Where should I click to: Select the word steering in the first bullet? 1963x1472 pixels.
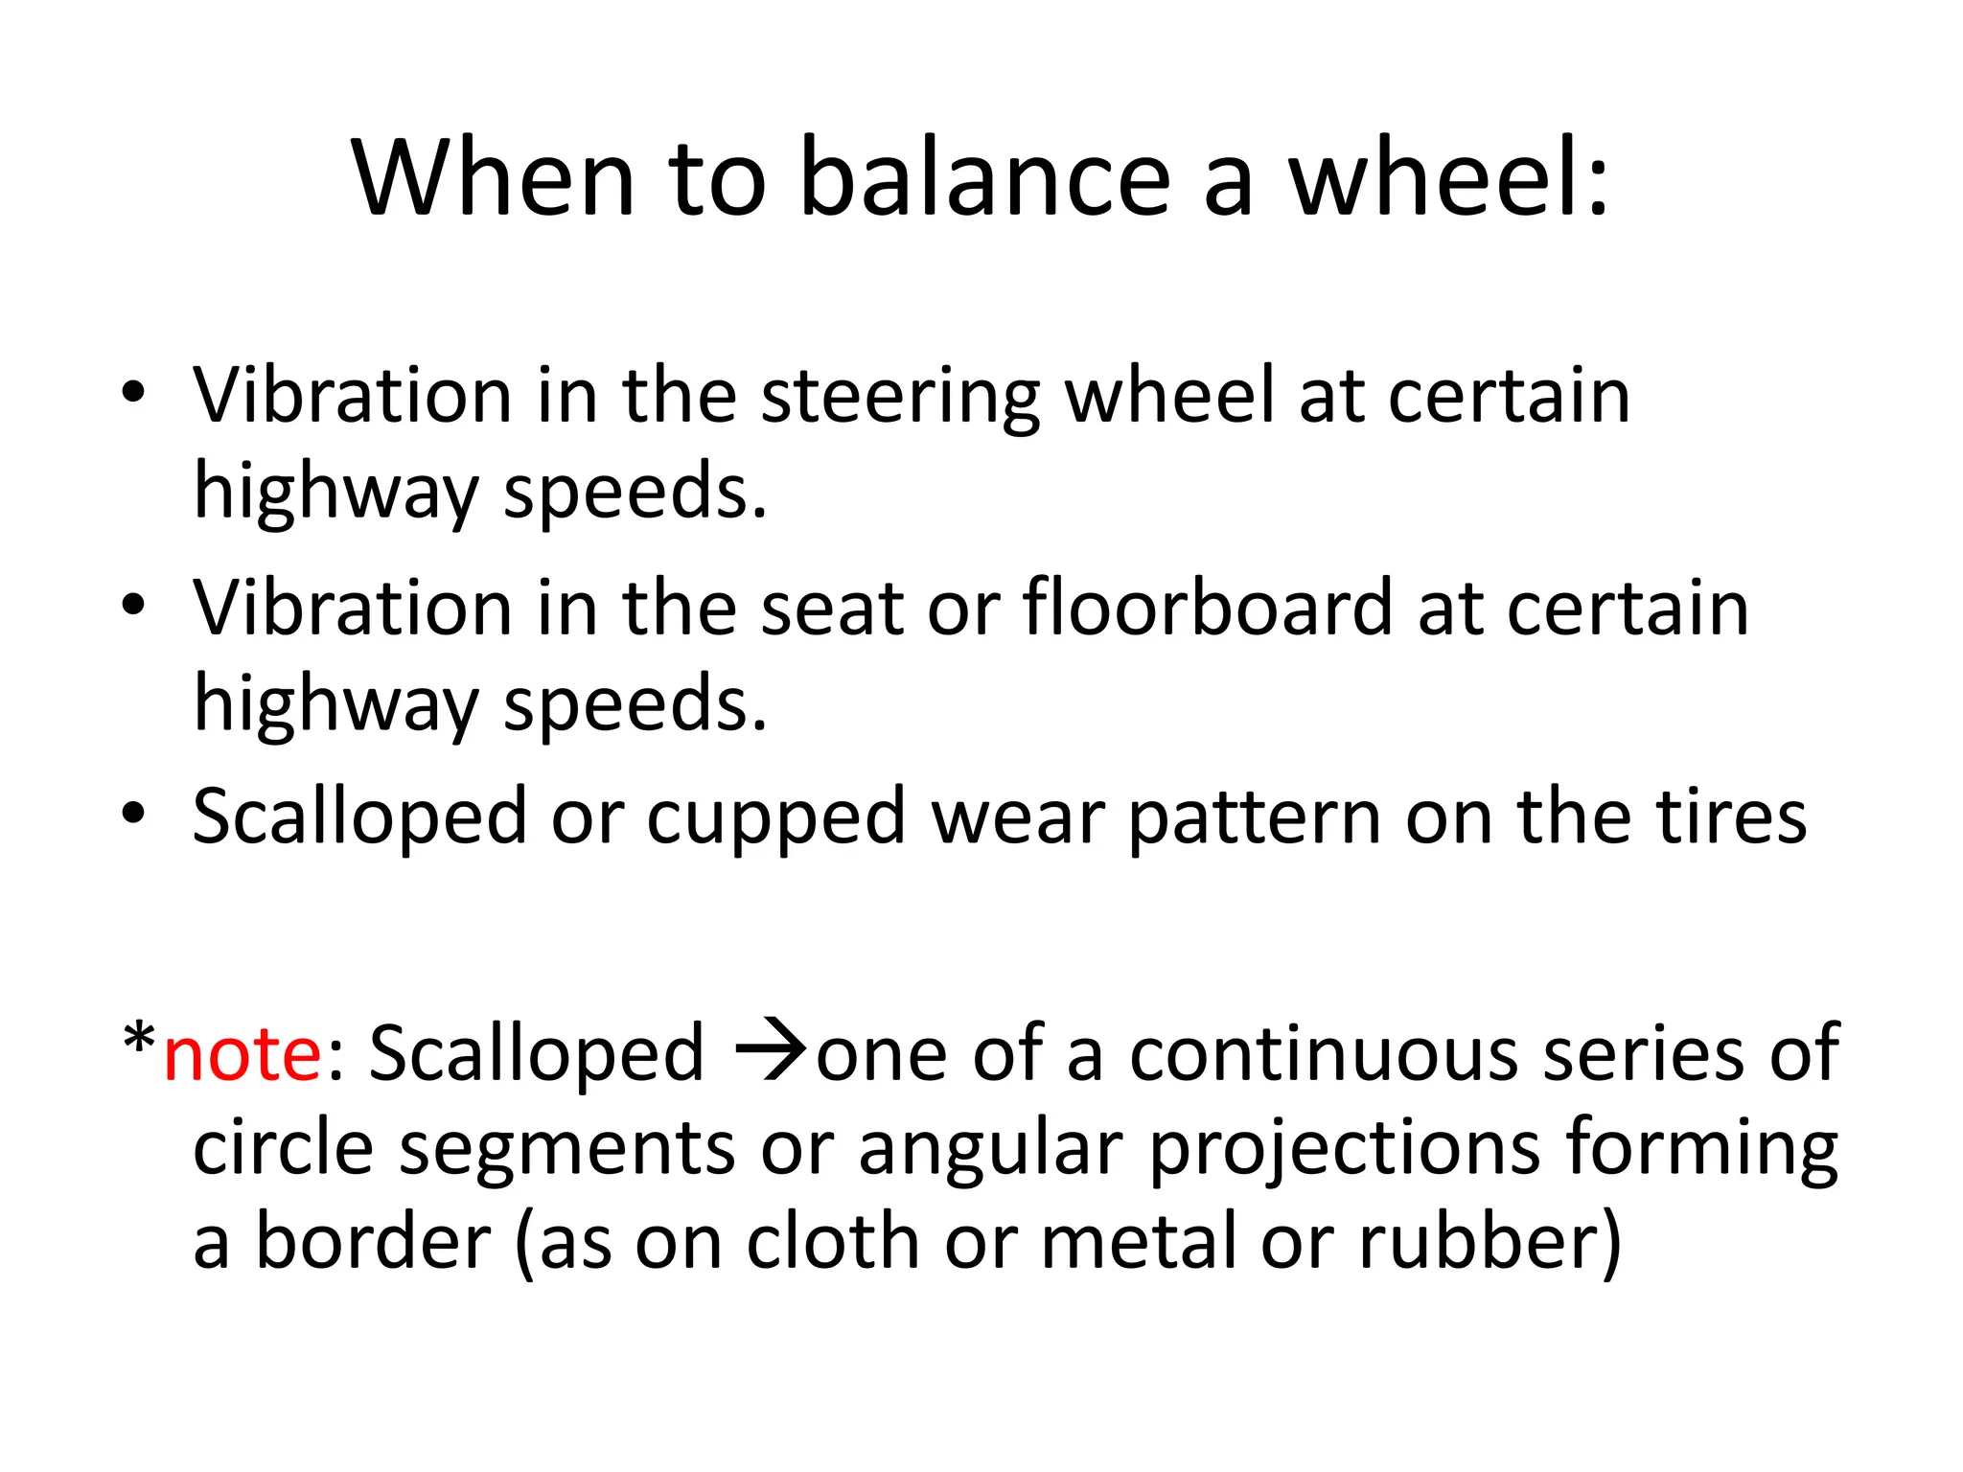900,398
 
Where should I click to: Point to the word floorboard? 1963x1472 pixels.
1207,609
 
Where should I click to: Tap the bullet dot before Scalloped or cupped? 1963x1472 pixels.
134,814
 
